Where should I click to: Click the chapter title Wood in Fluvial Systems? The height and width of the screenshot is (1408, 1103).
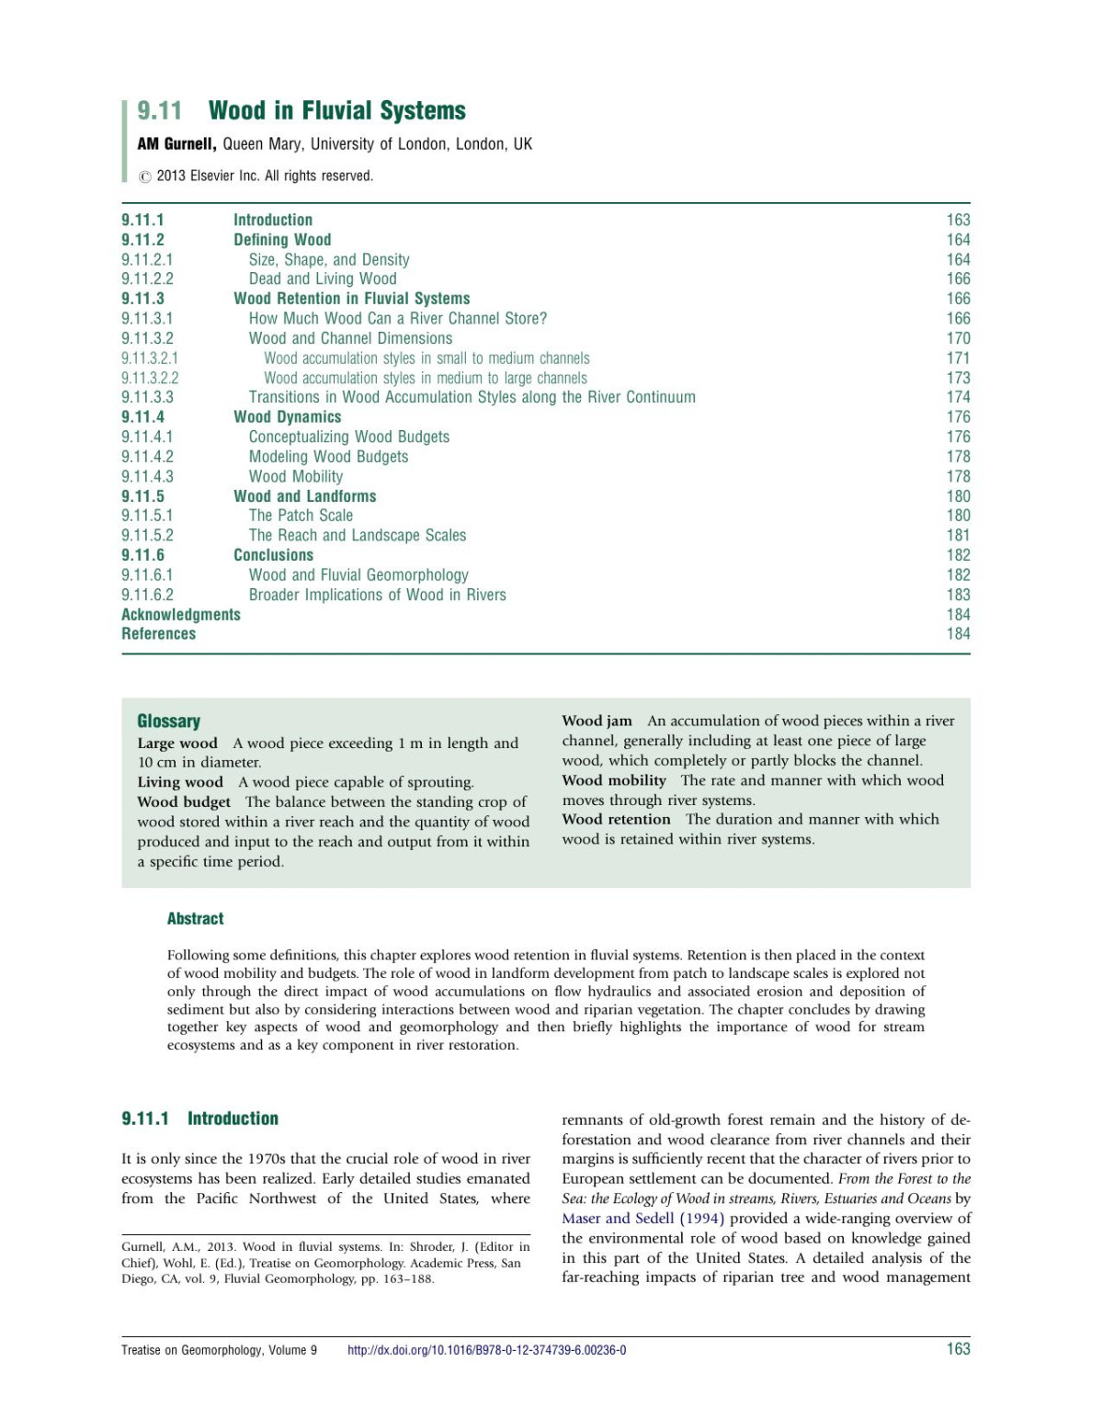336,111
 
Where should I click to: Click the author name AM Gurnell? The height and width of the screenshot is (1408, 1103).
176,144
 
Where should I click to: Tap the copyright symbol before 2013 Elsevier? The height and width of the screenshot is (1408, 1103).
144,176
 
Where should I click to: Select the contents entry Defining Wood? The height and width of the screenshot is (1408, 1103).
281,240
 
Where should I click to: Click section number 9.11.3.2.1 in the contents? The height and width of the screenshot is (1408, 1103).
150,358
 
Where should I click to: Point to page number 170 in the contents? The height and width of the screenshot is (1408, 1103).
958,338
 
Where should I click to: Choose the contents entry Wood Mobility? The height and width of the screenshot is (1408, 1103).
295,476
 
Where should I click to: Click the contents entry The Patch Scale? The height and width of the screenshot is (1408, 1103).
301,516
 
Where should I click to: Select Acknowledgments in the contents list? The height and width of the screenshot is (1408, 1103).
181,615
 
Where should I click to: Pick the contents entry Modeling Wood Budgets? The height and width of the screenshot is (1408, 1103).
328,457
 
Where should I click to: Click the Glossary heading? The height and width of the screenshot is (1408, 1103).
168,721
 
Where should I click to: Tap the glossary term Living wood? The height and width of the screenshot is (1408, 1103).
180,782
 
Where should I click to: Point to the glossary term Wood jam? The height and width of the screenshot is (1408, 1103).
597,721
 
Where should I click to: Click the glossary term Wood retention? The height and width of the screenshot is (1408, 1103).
616,819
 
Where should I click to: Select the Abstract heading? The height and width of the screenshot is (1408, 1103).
195,919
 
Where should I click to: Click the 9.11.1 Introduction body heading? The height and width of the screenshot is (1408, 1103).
199,1118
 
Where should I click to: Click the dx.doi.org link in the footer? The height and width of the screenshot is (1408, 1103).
486,1350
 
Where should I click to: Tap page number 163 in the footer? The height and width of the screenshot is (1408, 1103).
958,1349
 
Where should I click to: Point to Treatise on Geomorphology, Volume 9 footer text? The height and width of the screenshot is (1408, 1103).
219,1350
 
